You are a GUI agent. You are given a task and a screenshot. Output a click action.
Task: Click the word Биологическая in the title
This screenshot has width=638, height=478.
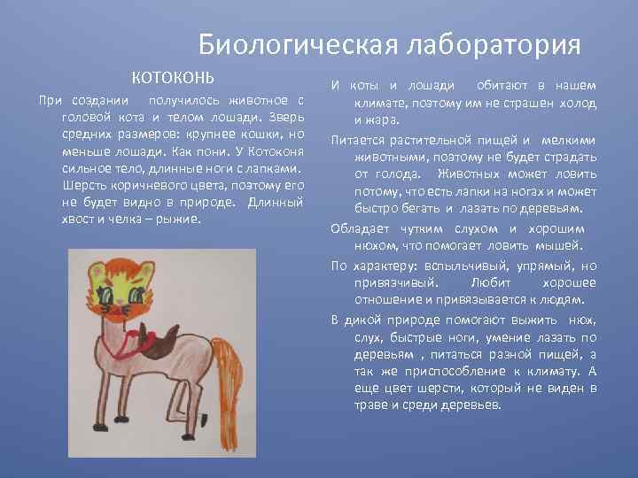click(x=282, y=44)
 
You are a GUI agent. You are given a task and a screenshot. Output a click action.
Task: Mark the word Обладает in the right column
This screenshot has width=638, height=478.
click(x=359, y=228)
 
